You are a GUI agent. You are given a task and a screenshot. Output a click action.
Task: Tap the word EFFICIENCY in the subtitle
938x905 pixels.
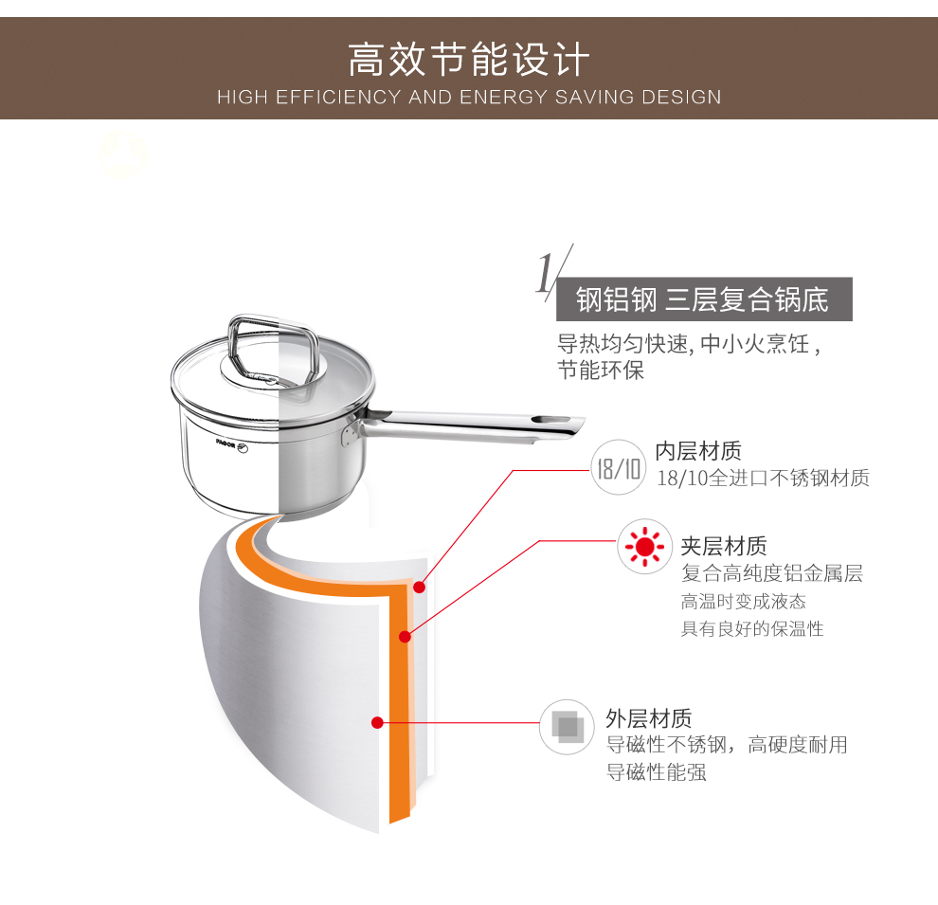pyautogui.click(x=338, y=97)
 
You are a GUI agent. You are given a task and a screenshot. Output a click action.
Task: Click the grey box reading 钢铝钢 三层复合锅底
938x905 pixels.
pyautogui.click(x=704, y=299)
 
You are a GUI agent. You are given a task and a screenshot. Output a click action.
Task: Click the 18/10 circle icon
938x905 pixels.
pyautogui.click(x=618, y=467)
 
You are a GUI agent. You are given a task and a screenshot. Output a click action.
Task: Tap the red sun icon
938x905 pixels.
pyautogui.click(x=645, y=547)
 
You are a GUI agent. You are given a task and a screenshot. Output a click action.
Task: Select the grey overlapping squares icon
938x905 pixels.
pyautogui.click(x=567, y=727)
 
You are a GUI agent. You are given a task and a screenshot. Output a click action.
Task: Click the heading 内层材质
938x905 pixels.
pyautogui.click(x=698, y=451)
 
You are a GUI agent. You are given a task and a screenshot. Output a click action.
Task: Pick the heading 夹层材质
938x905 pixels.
pyautogui.click(x=724, y=546)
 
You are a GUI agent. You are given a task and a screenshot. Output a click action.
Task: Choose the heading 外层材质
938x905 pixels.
pyautogui.click(x=648, y=717)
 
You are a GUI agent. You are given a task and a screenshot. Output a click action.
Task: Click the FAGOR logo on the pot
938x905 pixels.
pyautogui.click(x=232, y=445)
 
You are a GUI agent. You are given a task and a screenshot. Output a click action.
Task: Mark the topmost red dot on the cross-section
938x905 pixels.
pyautogui.click(x=420, y=588)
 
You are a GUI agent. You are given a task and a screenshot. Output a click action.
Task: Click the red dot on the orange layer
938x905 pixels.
pyautogui.click(x=405, y=637)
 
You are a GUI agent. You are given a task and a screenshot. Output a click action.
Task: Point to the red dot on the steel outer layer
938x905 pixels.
pyautogui.click(x=377, y=722)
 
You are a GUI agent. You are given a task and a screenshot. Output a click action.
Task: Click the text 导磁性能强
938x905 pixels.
pyautogui.click(x=657, y=772)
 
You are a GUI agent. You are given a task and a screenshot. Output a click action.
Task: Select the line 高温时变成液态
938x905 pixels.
pyautogui.click(x=744, y=601)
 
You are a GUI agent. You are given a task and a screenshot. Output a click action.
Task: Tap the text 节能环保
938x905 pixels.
pyautogui.click(x=601, y=371)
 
